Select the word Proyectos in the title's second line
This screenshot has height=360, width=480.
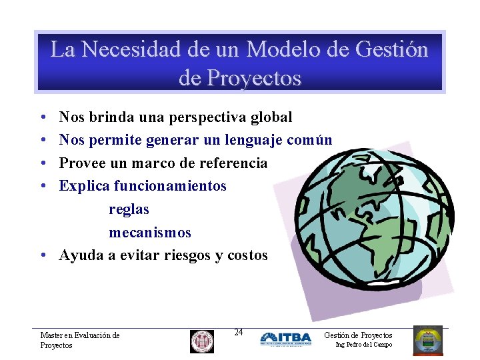pyautogui.click(x=255, y=79)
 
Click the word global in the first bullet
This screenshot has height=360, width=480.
pyautogui.click(x=271, y=117)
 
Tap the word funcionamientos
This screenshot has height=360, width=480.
pyautogui.click(x=170, y=186)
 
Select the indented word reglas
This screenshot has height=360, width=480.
pyautogui.click(x=129, y=209)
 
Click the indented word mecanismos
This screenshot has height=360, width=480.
pyautogui.click(x=150, y=233)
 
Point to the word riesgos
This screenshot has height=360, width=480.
pyautogui.click(x=186, y=255)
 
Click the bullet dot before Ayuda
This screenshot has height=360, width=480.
pyautogui.click(x=42, y=256)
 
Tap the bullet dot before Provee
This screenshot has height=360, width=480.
pyautogui.click(x=42, y=164)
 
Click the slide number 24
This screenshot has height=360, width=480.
pyautogui.click(x=239, y=332)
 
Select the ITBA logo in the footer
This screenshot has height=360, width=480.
pyautogui.click(x=285, y=339)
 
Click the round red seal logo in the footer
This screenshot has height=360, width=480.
pyautogui.click(x=202, y=341)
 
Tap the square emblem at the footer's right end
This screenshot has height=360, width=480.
pyautogui.click(x=427, y=341)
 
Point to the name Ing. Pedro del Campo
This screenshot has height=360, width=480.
pyautogui.click(x=364, y=345)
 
